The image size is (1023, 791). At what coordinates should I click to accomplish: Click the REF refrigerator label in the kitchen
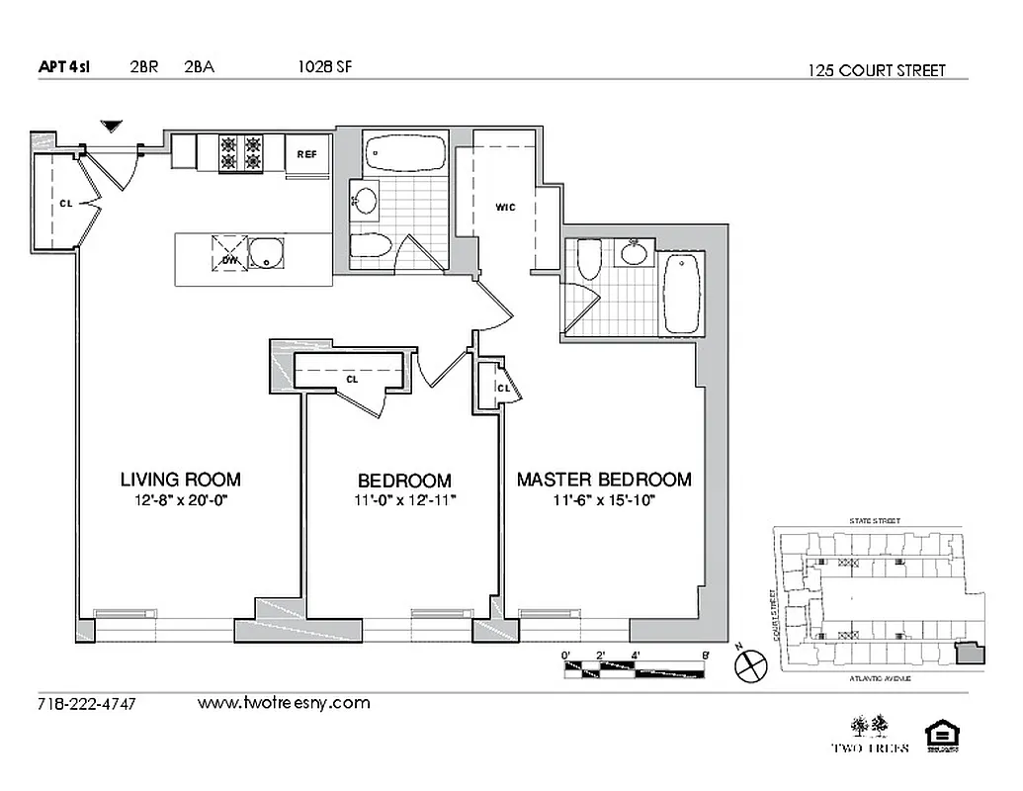click(x=306, y=153)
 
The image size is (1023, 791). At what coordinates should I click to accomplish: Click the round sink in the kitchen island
click(x=266, y=253)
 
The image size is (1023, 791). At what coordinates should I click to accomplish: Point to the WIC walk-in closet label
click(x=505, y=207)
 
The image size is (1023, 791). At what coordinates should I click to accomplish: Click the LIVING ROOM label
click(x=180, y=480)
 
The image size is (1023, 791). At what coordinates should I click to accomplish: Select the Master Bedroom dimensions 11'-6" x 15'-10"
click(x=605, y=501)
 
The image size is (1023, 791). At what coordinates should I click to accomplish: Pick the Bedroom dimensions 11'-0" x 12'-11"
click(x=404, y=501)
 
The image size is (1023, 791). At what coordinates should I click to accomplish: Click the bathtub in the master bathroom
click(x=683, y=295)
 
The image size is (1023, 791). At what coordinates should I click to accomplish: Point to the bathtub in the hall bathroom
click(x=406, y=153)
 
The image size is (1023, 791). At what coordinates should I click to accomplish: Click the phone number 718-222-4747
click(x=86, y=704)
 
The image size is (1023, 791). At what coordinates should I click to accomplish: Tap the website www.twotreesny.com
click(x=284, y=703)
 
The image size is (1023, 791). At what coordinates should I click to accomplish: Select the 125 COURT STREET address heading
click(x=876, y=70)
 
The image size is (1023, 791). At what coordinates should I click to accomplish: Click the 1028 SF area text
click(x=324, y=68)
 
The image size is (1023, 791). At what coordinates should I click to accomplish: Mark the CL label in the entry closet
click(x=65, y=203)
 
